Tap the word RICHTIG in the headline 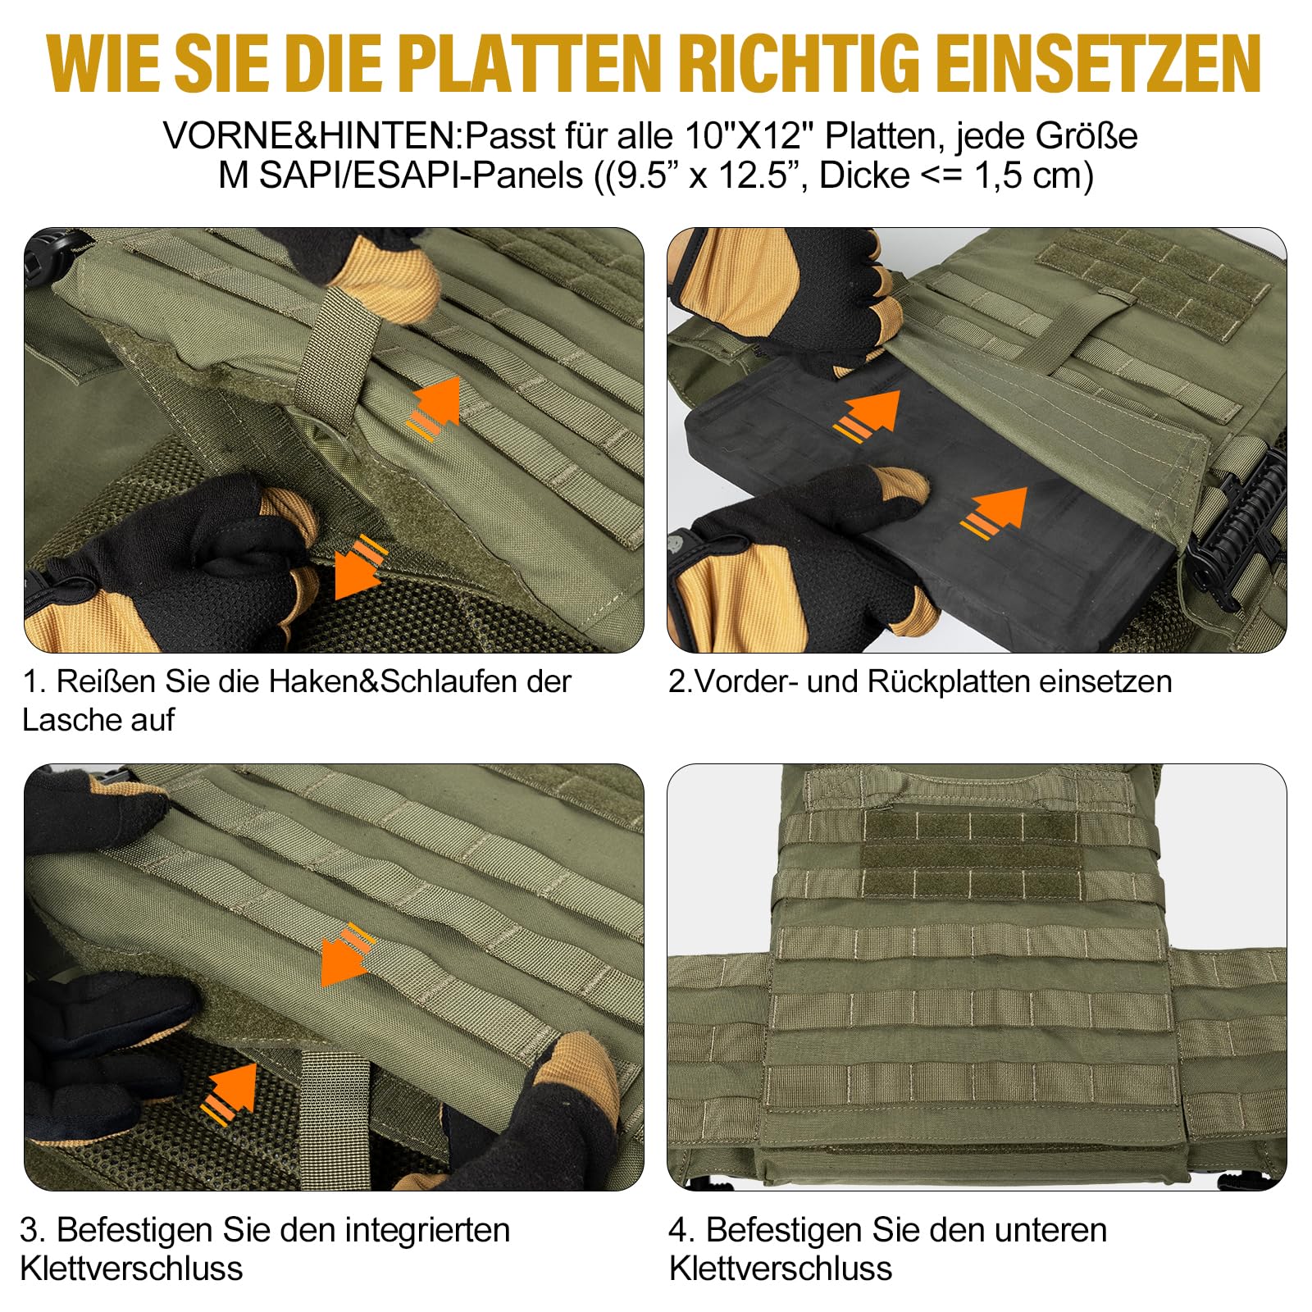coord(800,64)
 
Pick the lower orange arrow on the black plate coord(994,512)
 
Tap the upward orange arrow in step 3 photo coord(230,1091)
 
